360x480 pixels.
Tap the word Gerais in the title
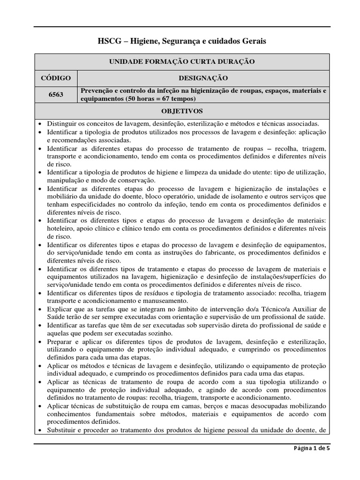(x=253, y=42)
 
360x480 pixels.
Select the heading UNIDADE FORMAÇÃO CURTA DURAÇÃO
(x=182, y=62)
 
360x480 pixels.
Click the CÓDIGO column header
(x=56, y=78)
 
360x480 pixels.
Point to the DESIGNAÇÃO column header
(x=203, y=78)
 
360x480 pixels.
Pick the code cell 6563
(x=56, y=94)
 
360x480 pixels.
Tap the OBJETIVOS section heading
(x=182, y=112)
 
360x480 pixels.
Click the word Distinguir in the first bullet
(x=62, y=124)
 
